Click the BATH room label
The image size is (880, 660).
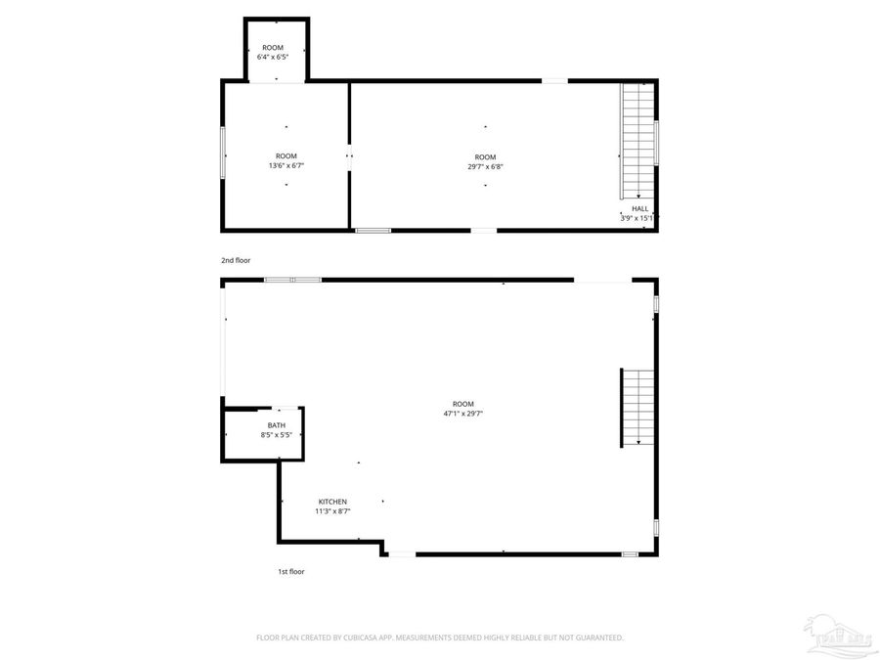277,425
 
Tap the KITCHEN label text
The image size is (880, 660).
332,502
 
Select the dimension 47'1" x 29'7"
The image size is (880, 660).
463,414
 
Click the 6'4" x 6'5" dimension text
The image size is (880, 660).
273,57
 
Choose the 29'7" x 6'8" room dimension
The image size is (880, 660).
485,166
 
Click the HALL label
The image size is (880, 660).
639,208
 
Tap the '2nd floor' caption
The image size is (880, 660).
236,261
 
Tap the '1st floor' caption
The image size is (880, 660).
290,571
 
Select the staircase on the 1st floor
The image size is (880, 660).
637,408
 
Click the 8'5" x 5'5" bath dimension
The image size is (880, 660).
277,435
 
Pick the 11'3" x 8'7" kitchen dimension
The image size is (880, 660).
332,511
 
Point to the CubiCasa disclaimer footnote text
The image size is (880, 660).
440,638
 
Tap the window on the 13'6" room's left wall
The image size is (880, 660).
224,154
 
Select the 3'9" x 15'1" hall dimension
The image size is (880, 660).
637,218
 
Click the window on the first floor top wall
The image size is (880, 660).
292,280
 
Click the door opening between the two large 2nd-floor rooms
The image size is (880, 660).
350,155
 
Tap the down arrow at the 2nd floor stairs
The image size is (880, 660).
638,197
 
